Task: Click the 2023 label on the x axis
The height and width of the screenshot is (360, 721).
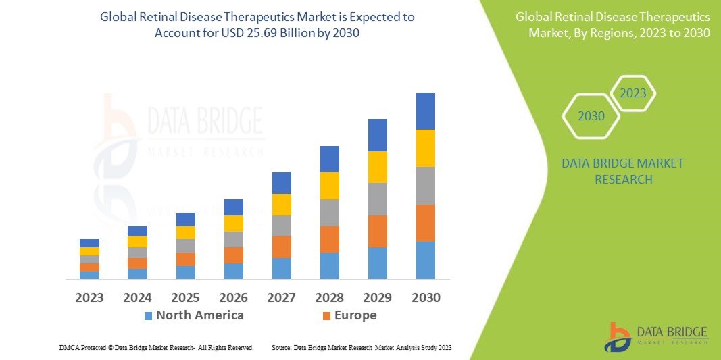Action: click(x=89, y=297)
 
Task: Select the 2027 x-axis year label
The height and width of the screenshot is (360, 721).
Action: click(x=281, y=297)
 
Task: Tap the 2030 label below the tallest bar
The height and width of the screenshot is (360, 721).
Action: click(x=425, y=297)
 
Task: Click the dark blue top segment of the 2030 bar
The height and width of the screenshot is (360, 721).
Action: click(x=425, y=111)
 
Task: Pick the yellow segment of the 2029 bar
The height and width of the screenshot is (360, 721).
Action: click(x=377, y=167)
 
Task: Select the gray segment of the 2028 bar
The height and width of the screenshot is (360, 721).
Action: click(x=329, y=213)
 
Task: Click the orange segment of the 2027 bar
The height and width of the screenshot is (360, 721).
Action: click(x=281, y=247)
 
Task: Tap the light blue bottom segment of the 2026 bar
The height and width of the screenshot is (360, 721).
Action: click(x=233, y=271)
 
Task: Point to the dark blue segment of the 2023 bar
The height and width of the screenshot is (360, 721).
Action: click(x=89, y=243)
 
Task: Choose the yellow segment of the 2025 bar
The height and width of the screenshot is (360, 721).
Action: click(x=185, y=232)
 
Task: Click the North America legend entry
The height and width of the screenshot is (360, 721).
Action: click(x=199, y=315)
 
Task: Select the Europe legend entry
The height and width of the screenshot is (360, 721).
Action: click(x=355, y=315)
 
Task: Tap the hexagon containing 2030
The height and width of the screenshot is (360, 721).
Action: click(x=591, y=116)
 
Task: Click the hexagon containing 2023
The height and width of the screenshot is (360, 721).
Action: click(x=633, y=93)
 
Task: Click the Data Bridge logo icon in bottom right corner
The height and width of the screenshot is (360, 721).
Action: click(x=618, y=336)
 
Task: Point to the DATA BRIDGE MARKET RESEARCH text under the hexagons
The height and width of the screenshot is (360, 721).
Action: click(x=622, y=172)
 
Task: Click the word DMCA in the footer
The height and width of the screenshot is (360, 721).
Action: click(x=69, y=347)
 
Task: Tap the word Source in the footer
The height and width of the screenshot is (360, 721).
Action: click(x=281, y=347)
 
